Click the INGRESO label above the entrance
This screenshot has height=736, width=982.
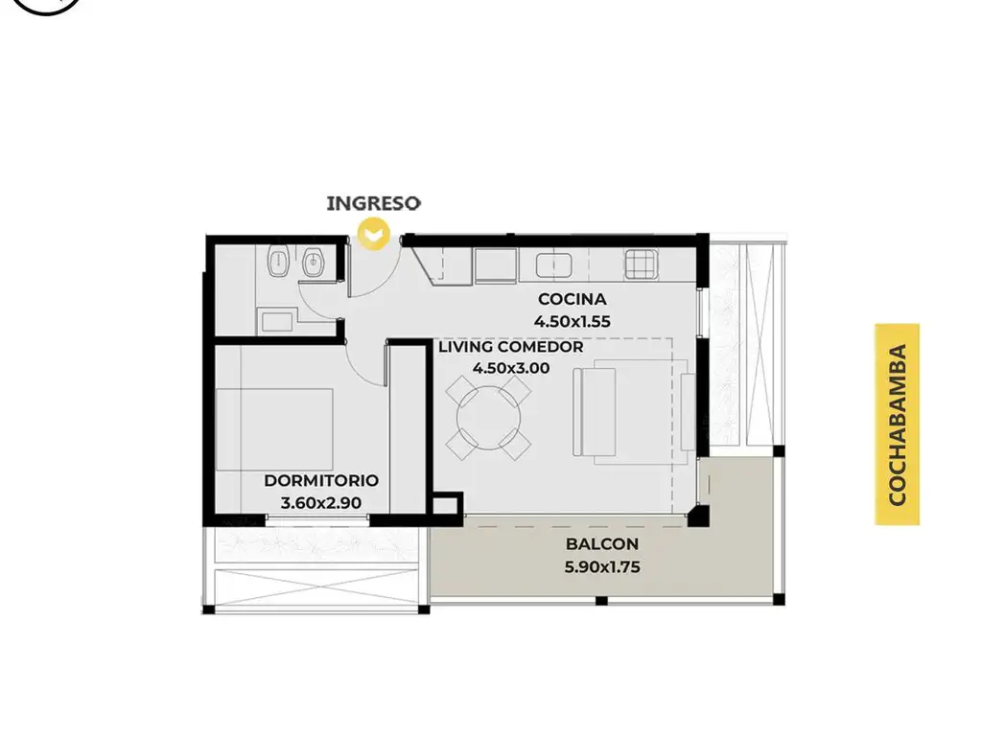(373, 203)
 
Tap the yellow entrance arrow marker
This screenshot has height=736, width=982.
(373, 235)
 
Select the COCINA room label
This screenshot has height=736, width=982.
(572, 299)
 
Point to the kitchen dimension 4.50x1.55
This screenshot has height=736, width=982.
(572, 321)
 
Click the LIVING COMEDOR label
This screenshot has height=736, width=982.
(510, 347)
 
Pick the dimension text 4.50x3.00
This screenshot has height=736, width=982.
(511, 368)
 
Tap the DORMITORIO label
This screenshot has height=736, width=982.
(321, 481)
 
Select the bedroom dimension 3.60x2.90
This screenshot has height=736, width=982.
(320, 502)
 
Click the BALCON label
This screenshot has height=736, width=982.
(602, 544)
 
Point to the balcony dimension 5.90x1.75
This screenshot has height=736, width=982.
(602, 567)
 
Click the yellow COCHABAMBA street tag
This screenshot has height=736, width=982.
(898, 425)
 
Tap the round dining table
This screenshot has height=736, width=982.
(488, 418)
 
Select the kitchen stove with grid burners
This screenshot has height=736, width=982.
(641, 264)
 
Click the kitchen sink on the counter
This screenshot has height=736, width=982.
(553, 265)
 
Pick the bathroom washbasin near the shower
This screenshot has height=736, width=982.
(276, 322)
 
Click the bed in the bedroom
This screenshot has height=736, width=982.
(274, 429)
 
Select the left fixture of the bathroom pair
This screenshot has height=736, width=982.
(277, 262)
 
